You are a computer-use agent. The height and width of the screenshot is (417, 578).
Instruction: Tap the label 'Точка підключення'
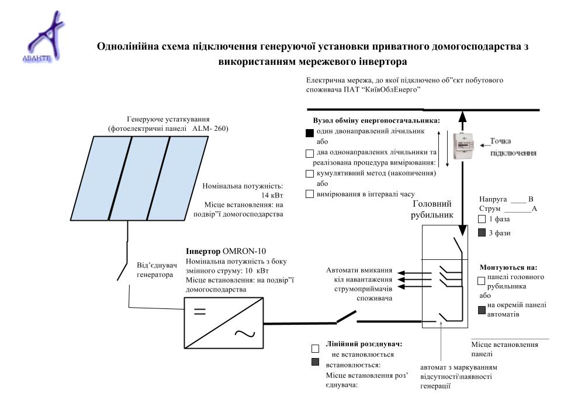(x=513, y=147)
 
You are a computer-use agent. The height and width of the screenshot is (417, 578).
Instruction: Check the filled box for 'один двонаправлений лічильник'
(x=310, y=133)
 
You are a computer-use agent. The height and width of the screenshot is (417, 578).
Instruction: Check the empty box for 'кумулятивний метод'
(x=310, y=173)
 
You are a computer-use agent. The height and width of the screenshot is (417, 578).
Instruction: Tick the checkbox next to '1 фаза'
(x=482, y=220)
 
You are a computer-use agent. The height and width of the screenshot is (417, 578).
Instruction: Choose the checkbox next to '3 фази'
(x=482, y=233)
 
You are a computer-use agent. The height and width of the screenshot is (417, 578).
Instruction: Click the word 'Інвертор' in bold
(x=203, y=252)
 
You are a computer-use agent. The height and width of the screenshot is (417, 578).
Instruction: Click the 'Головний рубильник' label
(x=432, y=209)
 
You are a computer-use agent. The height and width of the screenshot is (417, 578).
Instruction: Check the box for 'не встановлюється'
(x=316, y=349)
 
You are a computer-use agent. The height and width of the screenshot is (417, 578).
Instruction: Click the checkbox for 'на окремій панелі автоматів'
(x=482, y=310)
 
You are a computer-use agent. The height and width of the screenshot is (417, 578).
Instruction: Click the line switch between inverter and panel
(x=346, y=318)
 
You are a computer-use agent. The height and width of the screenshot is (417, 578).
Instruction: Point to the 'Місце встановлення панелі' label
(x=504, y=349)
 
